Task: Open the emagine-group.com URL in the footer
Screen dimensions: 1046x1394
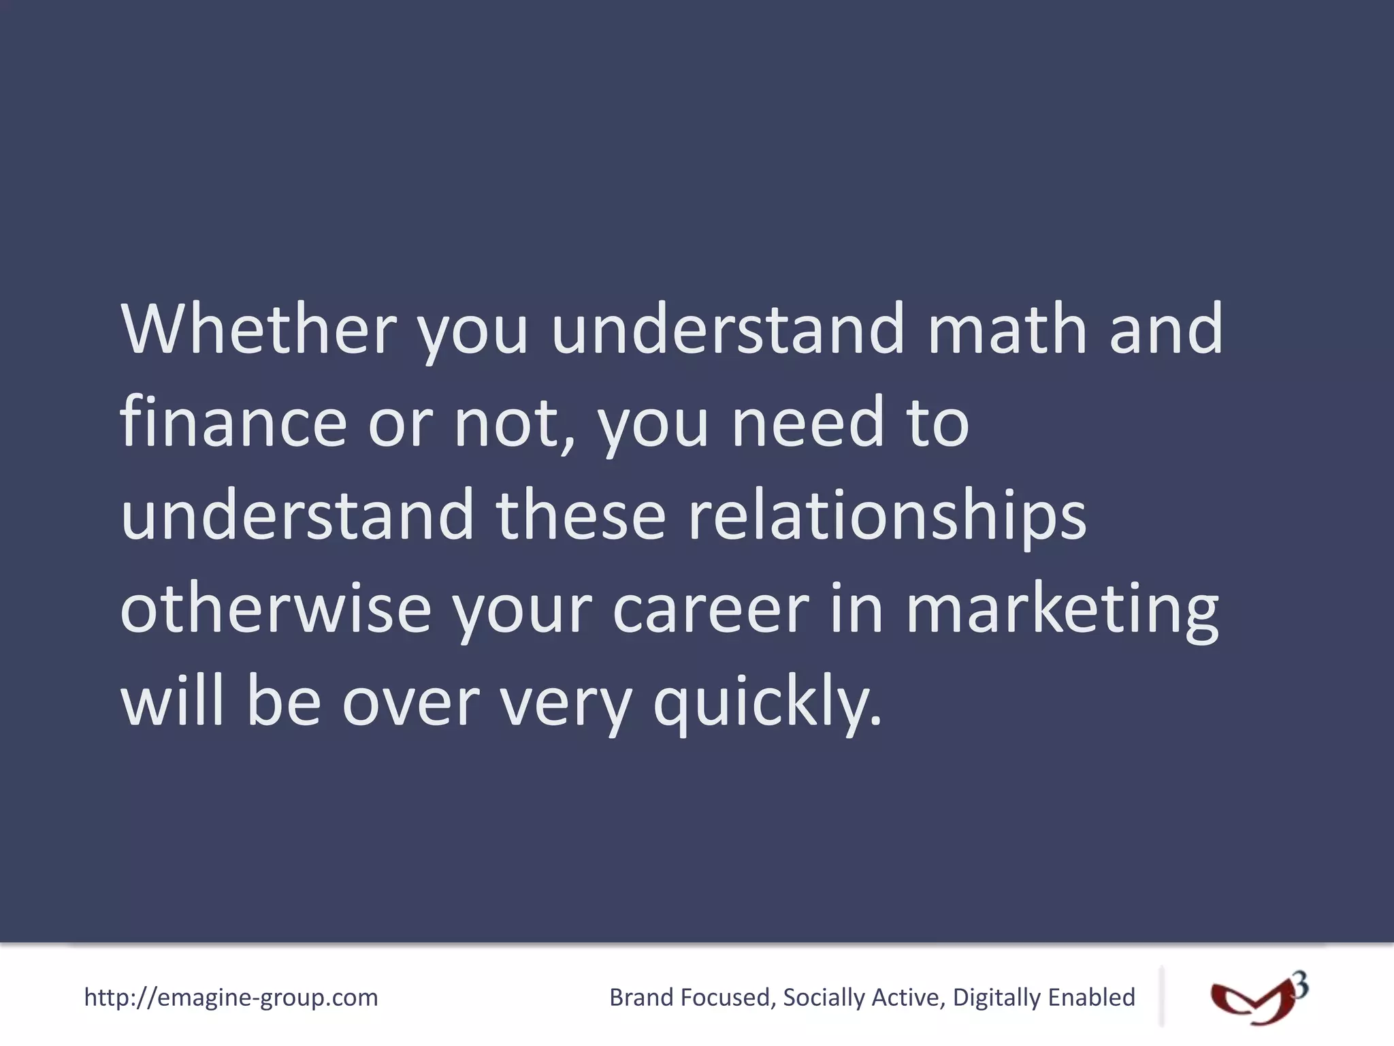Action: pos(231,998)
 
